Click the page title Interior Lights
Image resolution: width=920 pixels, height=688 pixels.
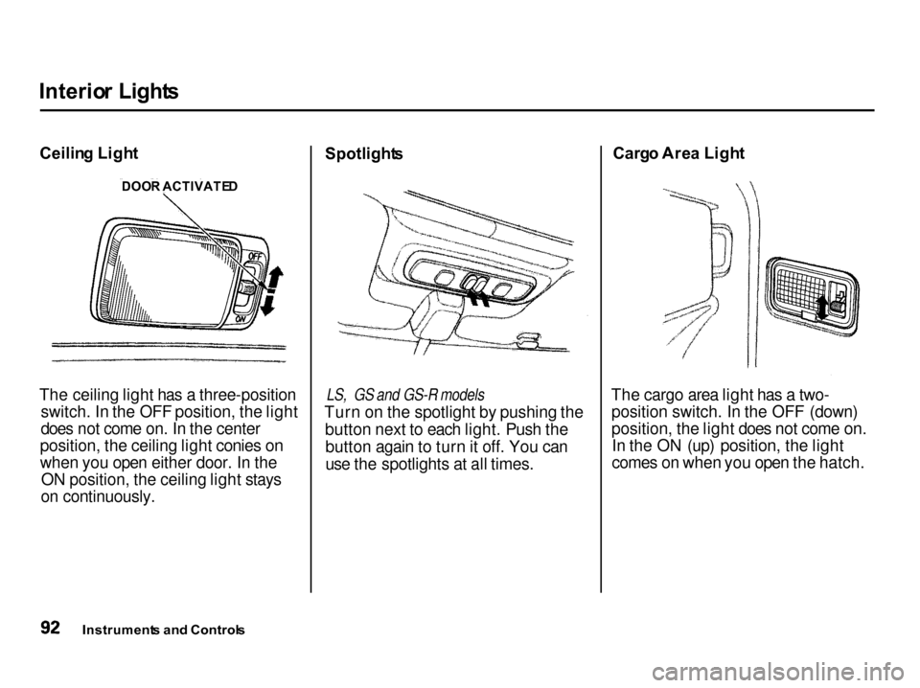[x=108, y=91]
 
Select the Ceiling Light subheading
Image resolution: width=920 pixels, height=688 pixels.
[x=88, y=153]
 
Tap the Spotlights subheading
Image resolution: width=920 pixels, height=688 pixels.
[x=364, y=154]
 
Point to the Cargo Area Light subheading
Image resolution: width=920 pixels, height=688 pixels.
[x=678, y=153]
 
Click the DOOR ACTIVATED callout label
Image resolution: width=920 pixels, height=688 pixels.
[x=179, y=187]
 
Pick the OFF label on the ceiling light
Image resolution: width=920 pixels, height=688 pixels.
[x=255, y=256]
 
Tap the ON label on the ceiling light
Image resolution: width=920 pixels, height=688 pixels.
[x=241, y=318]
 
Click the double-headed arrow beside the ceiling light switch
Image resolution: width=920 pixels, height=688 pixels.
[x=271, y=290]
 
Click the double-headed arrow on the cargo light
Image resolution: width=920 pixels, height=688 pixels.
[x=822, y=308]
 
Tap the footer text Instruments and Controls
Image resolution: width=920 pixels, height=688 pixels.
[x=164, y=631]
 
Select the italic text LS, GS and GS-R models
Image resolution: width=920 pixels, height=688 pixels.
[x=405, y=393]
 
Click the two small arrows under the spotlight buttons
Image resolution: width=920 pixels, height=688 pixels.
[x=477, y=297]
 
